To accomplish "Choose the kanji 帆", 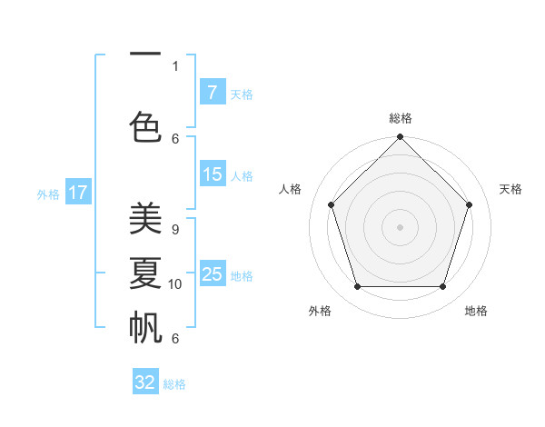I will pyautogui.click(x=145, y=327).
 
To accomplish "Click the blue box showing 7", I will pyautogui.click(x=212, y=93).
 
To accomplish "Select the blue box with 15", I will pyautogui.click(x=212, y=174).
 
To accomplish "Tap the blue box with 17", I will pyautogui.click(x=78, y=193).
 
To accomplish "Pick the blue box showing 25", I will pyautogui.click(x=212, y=274).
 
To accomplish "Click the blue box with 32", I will pyautogui.click(x=145, y=382).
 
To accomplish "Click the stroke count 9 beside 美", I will pyautogui.click(x=174, y=230).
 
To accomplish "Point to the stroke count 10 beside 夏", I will pyautogui.click(x=175, y=284).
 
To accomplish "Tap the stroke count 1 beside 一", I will pyautogui.click(x=175, y=65).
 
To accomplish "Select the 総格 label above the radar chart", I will pyautogui.click(x=400, y=118).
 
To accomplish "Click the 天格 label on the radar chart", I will pyautogui.click(x=510, y=189).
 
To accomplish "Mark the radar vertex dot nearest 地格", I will pyautogui.click(x=442, y=286).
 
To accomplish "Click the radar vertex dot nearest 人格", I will pyautogui.click(x=331, y=204).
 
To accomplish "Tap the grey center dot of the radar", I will pyautogui.click(x=400, y=227).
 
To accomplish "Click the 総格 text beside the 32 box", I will pyautogui.click(x=174, y=384).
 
